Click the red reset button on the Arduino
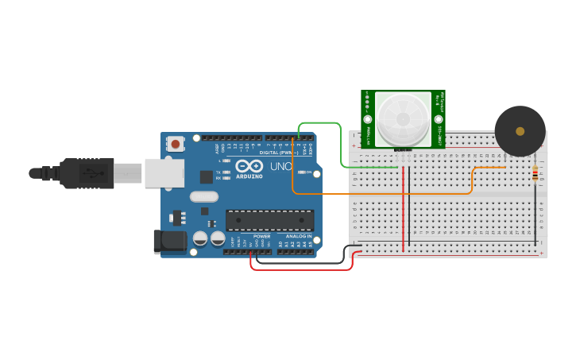click(x=175, y=144)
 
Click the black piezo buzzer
click(x=520, y=131)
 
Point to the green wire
click(x=342, y=147)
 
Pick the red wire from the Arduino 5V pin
click(x=302, y=269)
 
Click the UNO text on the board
click(x=280, y=167)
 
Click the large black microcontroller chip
click(x=269, y=220)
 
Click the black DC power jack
click(x=169, y=242)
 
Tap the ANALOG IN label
click(x=300, y=236)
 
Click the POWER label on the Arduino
click(x=261, y=236)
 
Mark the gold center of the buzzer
click(x=520, y=131)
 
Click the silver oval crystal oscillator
click(x=203, y=196)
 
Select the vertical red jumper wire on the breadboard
click(x=404, y=207)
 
